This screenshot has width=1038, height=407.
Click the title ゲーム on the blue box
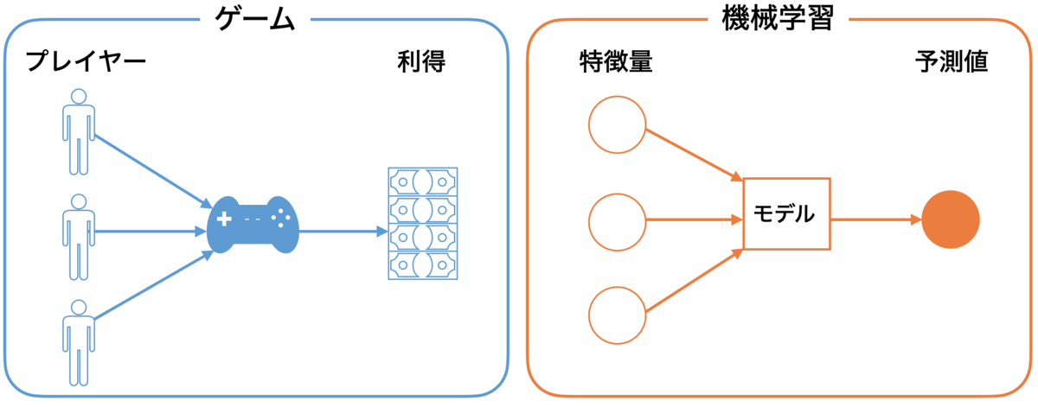tap(255, 20)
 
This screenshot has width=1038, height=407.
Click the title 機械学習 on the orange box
tap(778, 18)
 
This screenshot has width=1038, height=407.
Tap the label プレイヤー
tap(86, 61)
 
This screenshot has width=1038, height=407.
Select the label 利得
tap(421, 61)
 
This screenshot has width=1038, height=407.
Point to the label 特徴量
tap(616, 61)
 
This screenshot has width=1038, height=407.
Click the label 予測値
tap(951, 61)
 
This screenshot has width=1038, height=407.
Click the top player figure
tap(79, 132)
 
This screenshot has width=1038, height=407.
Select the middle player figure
tap(79, 237)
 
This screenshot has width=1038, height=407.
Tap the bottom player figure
tap(79, 343)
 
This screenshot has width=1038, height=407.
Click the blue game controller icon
tap(253, 225)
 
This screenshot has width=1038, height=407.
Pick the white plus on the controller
tap(224, 219)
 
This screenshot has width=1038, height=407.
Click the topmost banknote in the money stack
tap(423, 182)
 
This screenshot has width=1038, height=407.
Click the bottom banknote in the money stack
tap(423, 265)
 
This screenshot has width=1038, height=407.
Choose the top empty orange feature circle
tap(618, 124)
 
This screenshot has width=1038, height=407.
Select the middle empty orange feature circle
tap(618, 222)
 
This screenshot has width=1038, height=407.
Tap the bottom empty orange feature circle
tap(618, 315)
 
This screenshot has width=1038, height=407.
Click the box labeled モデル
tap(787, 214)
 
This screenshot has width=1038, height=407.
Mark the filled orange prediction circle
tap(951, 219)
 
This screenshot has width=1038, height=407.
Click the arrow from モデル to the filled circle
tap(875, 219)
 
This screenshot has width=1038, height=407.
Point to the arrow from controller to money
tap(343, 231)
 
